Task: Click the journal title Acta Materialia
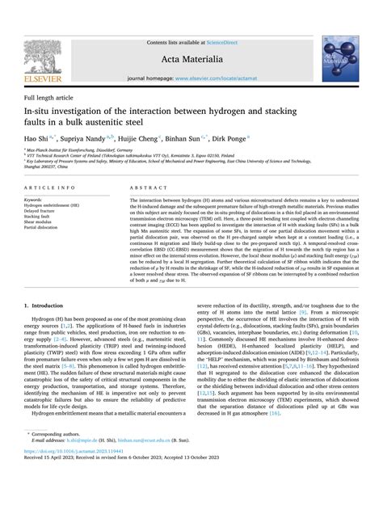pos(191,59)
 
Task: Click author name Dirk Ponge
pos(254,138)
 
